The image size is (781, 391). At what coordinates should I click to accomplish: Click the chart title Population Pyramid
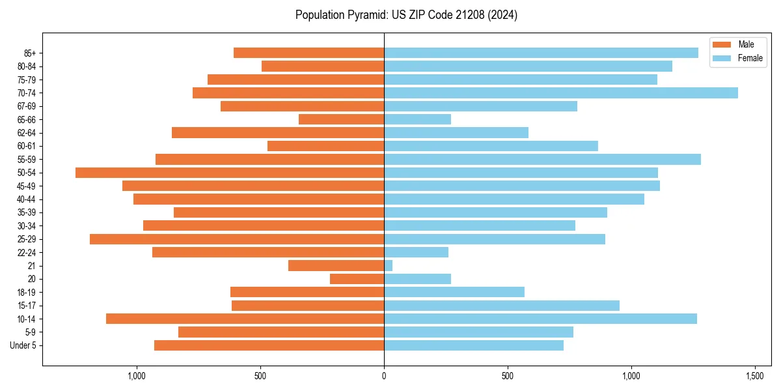[406, 15]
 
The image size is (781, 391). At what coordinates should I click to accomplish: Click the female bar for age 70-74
[561, 93]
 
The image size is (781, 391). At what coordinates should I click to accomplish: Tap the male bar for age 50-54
[230, 173]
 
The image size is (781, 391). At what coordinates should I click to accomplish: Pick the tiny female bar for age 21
[389, 266]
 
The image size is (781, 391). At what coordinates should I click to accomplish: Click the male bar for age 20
[357, 279]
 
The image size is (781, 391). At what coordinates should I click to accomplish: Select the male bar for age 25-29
[237, 239]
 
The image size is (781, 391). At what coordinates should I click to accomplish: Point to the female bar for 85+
[541, 53]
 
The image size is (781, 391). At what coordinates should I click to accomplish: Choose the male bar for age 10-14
[245, 319]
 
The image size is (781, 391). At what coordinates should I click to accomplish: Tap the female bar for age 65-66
[417, 119]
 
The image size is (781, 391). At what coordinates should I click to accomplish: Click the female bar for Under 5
[474, 345]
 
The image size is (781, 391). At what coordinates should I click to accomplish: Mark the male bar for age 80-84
[323, 66]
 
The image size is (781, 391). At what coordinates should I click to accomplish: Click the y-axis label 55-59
[27, 160]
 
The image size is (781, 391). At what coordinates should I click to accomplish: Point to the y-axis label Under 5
[23, 345]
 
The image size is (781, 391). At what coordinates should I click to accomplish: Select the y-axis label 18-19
[27, 293]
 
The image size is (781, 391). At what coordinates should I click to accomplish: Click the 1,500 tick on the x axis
[755, 377]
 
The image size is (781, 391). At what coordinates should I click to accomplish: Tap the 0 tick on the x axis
[384, 377]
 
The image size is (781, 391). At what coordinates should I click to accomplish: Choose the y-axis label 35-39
[27, 212]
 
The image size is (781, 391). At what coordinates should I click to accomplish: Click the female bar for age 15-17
[502, 306]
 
